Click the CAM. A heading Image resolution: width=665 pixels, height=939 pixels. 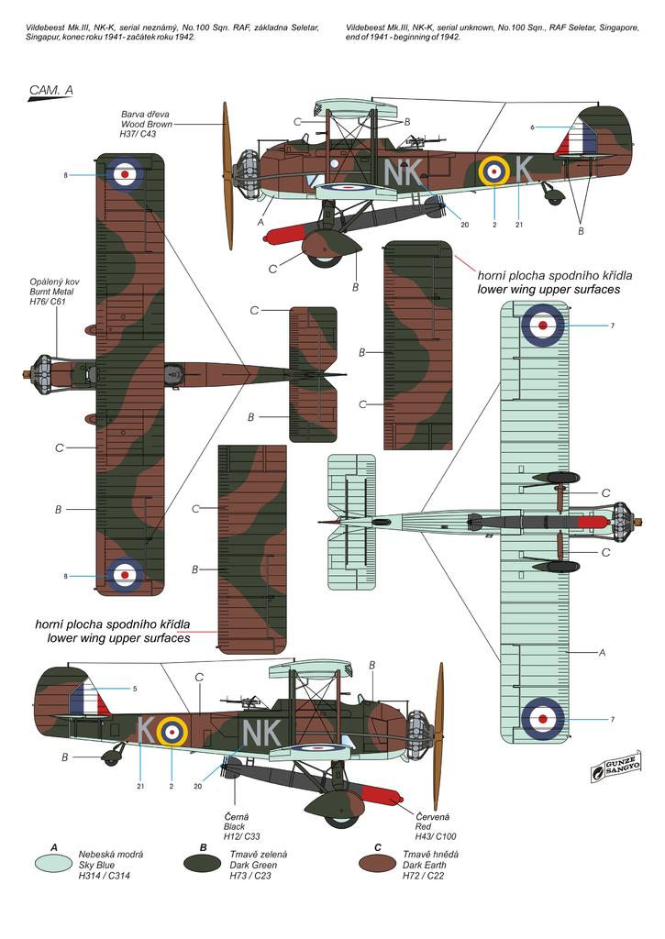click(x=50, y=90)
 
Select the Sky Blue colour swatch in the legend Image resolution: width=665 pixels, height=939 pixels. click(x=53, y=863)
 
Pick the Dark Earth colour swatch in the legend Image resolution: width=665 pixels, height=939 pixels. click(x=381, y=863)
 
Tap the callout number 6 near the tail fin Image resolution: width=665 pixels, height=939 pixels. click(x=531, y=127)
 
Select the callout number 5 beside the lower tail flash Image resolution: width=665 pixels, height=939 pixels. click(x=134, y=688)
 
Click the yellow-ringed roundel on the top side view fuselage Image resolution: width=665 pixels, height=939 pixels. click(x=494, y=170)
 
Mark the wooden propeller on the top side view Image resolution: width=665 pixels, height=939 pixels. click(x=227, y=174)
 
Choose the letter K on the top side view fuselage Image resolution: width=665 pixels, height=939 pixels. click(x=522, y=169)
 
